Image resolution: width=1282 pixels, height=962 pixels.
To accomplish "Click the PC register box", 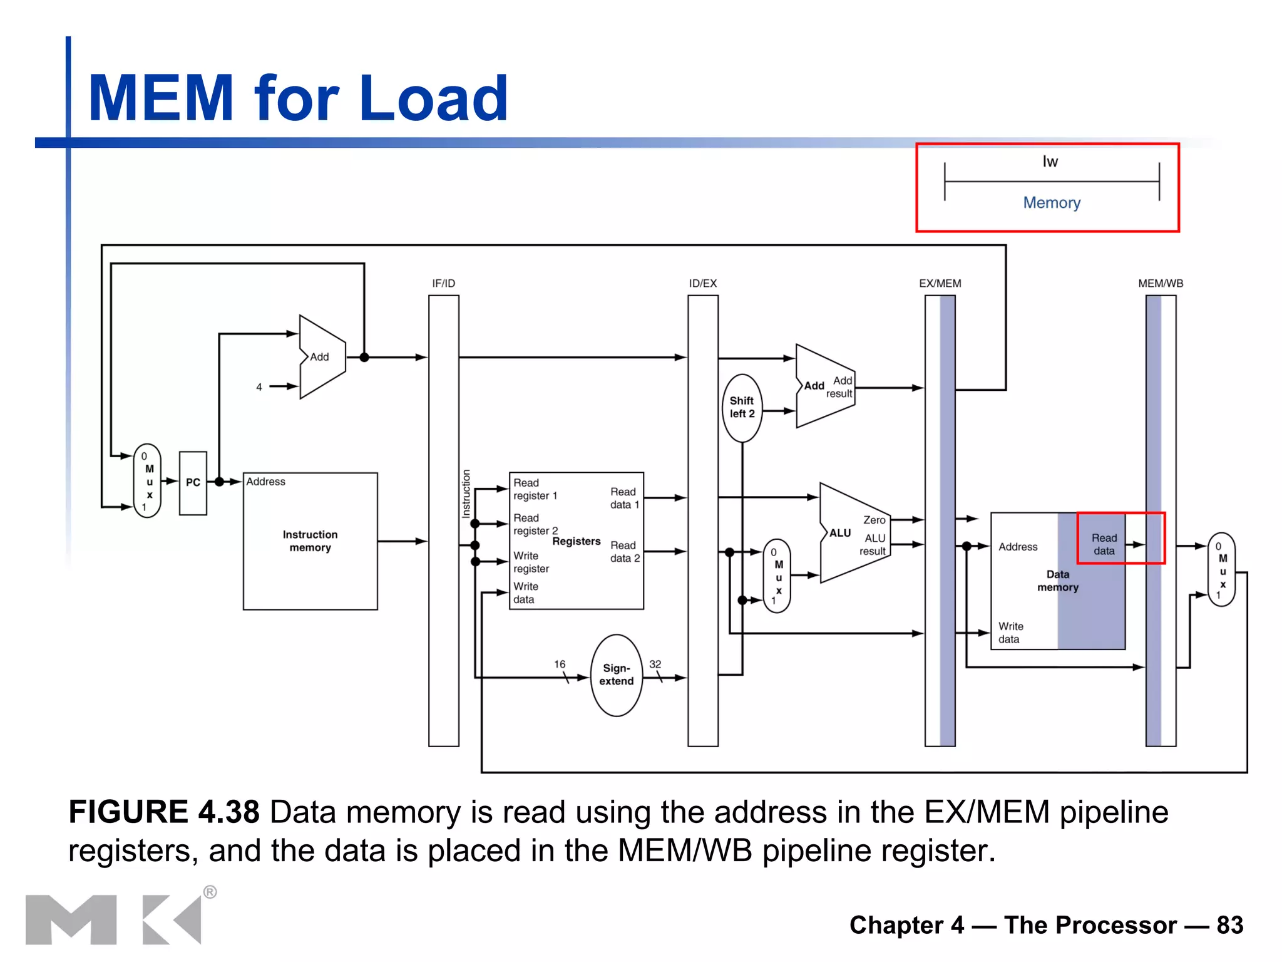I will point(193,483).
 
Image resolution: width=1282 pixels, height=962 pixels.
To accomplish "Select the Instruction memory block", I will point(310,541).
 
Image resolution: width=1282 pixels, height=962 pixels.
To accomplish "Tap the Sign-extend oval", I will point(617,675).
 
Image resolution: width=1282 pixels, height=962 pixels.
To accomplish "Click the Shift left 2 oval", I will point(742,408).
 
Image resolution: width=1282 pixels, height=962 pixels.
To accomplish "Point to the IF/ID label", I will point(443,284).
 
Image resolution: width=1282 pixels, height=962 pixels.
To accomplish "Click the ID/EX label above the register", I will point(702,284).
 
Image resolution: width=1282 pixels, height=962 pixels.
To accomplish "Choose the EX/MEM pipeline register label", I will point(940,284).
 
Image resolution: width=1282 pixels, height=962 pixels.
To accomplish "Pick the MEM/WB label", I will point(1161,284).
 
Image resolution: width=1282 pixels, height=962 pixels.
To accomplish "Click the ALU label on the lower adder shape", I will point(840,533).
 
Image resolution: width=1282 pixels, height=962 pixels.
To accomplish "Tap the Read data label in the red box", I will point(1104,544).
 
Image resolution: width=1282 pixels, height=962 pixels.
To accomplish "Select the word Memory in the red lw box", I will point(1052,203).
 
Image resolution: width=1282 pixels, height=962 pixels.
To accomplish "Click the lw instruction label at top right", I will point(1050,162).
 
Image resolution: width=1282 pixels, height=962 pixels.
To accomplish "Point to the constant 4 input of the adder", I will point(259,387).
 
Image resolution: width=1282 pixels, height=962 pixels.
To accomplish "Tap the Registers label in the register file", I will point(576,541).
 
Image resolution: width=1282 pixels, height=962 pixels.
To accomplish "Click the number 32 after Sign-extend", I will point(655,664).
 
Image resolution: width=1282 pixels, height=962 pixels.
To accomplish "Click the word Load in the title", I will point(433,98).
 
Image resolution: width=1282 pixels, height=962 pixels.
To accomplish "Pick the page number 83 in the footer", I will point(1229,925).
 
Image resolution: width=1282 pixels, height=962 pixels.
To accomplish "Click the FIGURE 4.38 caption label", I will point(164,812).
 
